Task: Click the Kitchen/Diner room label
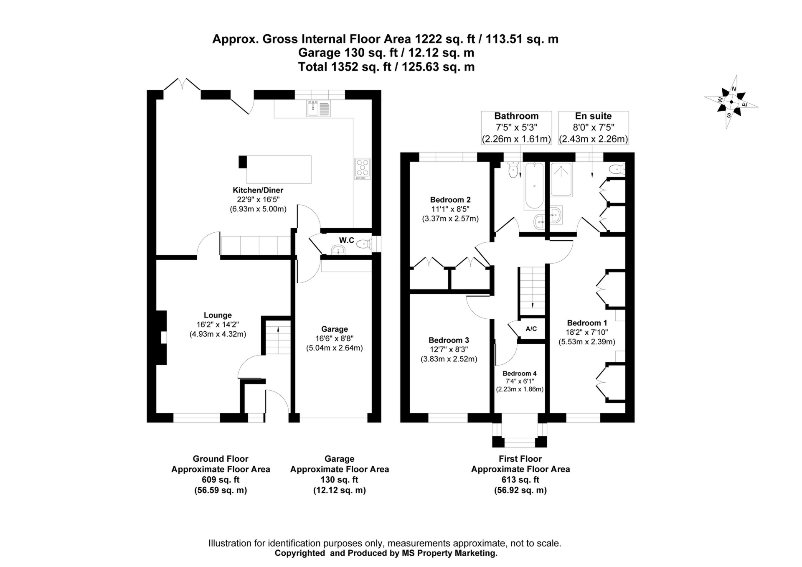[x=258, y=190]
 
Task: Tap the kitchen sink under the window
[x=318, y=109]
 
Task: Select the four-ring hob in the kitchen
[x=362, y=168]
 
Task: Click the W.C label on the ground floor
[x=346, y=240]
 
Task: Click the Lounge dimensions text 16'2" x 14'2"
[x=218, y=325]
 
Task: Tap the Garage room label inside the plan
[x=334, y=329]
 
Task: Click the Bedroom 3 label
[x=449, y=340]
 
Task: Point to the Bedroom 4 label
[x=520, y=373]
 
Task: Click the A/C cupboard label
[x=531, y=329]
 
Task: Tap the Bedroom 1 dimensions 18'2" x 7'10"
[x=587, y=332]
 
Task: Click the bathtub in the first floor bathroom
[x=534, y=186]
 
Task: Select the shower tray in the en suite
[x=561, y=180]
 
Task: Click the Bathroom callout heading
[x=516, y=116]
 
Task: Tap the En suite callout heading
[x=593, y=116]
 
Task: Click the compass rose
[x=731, y=102]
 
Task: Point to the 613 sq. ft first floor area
[x=520, y=480]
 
